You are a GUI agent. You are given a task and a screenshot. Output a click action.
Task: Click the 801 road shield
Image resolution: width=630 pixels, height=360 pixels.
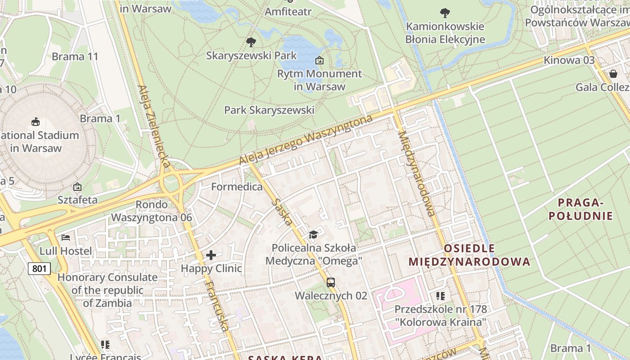pyautogui.click(x=39, y=269)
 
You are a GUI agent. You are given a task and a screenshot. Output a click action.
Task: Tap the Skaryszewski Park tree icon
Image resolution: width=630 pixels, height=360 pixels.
pyautogui.click(x=251, y=42)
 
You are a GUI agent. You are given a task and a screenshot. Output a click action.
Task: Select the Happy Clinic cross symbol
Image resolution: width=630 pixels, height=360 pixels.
pyautogui.click(x=211, y=256)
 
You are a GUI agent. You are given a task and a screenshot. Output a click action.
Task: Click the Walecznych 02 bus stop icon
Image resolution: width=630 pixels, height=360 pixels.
pyautogui.click(x=331, y=283)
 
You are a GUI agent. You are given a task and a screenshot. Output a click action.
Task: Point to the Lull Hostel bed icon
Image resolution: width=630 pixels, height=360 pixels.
pyautogui.click(x=66, y=238)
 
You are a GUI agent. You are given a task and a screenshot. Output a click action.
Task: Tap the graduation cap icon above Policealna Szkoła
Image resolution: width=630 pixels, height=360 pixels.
pyautogui.click(x=313, y=234)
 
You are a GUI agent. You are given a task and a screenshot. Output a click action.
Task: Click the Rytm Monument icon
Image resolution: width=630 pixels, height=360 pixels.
pyautogui.click(x=319, y=60)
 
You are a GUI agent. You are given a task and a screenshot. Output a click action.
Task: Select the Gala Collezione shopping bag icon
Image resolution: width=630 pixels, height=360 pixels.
pyautogui.click(x=613, y=73)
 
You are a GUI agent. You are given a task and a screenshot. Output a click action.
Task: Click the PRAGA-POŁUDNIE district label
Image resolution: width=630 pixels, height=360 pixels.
pyautogui.click(x=580, y=209)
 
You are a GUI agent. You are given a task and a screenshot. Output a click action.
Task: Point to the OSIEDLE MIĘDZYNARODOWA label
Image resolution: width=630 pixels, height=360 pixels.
pyautogui.click(x=469, y=255)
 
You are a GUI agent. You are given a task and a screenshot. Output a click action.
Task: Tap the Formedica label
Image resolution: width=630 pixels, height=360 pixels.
pyautogui.click(x=237, y=186)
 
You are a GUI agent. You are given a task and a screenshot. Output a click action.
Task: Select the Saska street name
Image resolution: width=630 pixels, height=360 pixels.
pyautogui.click(x=283, y=212)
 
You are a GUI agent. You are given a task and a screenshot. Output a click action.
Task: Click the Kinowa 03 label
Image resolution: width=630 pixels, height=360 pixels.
pyautogui.click(x=569, y=60)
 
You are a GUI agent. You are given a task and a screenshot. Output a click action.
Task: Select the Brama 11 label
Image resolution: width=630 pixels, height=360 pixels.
pyautogui.click(x=75, y=57)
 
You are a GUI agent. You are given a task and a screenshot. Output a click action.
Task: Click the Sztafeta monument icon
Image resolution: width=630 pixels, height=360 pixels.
pyautogui.click(x=77, y=186)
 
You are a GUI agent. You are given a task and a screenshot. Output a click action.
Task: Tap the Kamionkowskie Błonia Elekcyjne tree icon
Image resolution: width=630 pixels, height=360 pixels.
pyautogui.click(x=445, y=13)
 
